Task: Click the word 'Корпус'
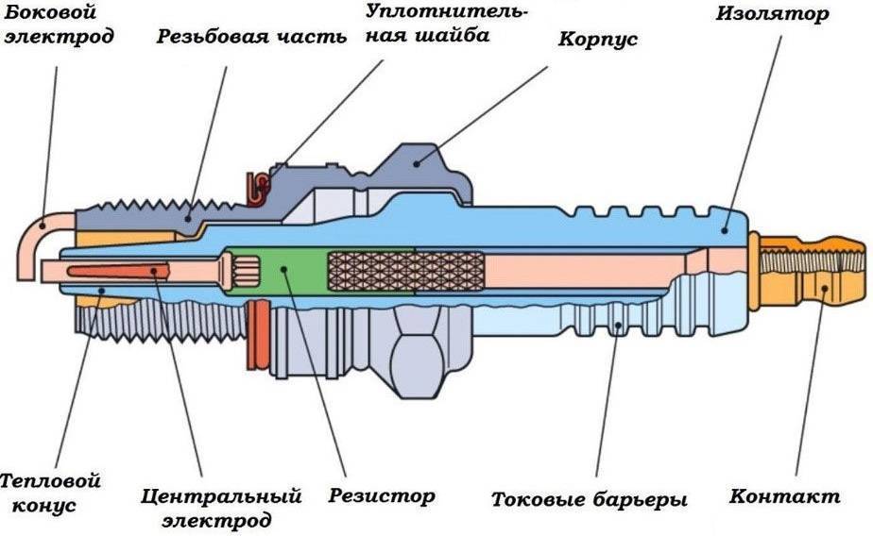[x=597, y=41]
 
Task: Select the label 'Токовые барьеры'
[x=589, y=499]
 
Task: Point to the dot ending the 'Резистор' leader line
[x=286, y=268]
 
